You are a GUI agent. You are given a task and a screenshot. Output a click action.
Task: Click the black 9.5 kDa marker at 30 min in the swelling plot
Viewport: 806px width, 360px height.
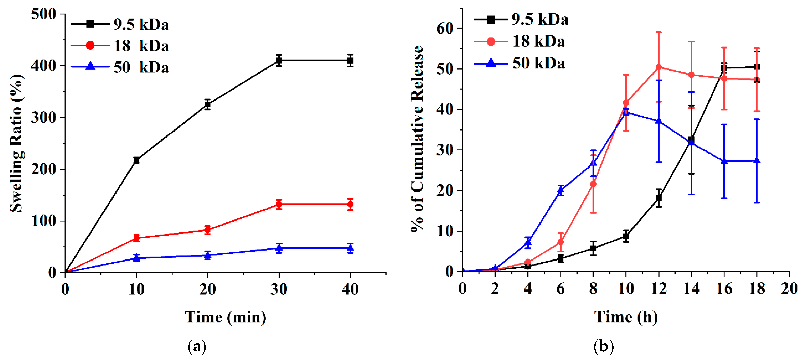[x=279, y=61]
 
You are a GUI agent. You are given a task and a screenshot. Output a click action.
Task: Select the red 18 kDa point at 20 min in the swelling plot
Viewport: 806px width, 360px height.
[x=207, y=230]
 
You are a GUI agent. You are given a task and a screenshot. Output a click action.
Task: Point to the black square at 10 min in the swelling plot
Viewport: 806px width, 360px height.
[x=136, y=160]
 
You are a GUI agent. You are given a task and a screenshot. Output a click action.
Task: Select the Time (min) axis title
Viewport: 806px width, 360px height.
[x=225, y=317]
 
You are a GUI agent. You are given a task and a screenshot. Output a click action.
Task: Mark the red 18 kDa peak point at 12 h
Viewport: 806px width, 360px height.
[x=659, y=67]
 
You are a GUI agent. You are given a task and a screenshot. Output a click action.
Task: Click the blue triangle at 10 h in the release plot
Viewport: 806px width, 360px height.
[x=626, y=112]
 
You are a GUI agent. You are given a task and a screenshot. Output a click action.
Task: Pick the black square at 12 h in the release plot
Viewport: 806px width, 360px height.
[x=659, y=198]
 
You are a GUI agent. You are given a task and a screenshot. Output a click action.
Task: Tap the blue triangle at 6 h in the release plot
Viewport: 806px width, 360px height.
[x=561, y=189]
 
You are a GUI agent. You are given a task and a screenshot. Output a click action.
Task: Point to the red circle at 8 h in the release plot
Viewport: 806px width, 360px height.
[x=593, y=184]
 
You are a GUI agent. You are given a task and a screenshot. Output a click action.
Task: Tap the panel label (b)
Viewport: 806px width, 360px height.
[x=603, y=346]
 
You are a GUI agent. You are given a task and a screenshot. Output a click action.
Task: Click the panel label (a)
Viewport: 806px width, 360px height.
[x=197, y=346]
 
